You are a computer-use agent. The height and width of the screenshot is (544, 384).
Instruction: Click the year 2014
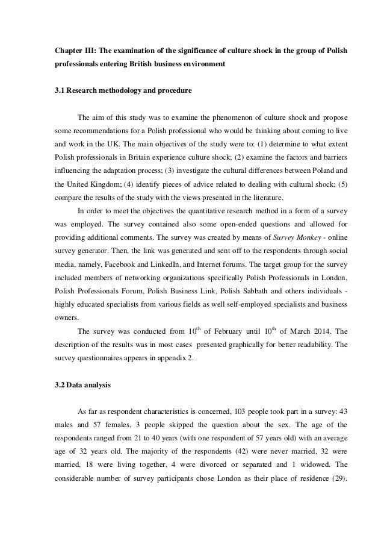(317, 331)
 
